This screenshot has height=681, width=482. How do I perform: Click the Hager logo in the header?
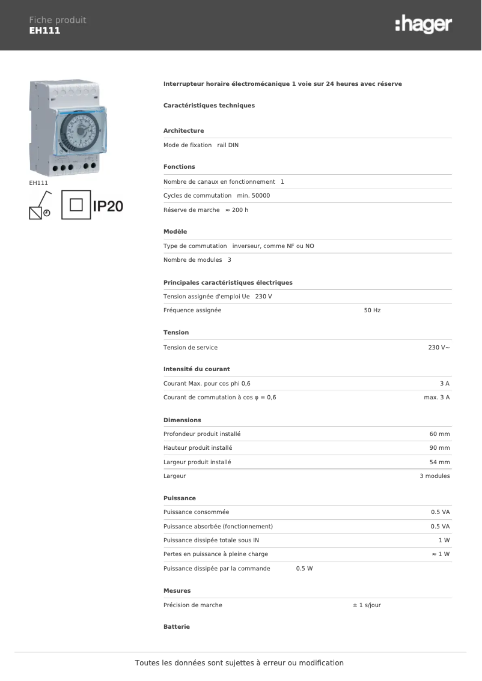coord(423,25)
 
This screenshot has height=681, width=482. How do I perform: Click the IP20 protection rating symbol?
coord(108,206)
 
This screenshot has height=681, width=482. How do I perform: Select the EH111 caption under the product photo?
coord(38,183)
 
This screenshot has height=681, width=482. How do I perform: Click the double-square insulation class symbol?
coord(76,205)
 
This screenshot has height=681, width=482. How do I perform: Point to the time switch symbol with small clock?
coord(40,205)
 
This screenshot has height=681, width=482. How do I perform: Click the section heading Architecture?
coord(183,130)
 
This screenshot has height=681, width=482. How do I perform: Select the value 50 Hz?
coord(372,310)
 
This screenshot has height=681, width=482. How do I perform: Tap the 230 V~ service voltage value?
coord(439,348)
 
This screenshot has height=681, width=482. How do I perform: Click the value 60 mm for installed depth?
coord(439,434)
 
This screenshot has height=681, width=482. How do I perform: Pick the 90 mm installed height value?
coord(439,448)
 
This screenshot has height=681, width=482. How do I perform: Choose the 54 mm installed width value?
coord(439,462)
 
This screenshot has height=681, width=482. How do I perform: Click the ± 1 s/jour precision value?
coord(367,605)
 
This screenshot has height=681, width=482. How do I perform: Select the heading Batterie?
coord(177,627)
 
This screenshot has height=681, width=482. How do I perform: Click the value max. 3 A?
coord(436,398)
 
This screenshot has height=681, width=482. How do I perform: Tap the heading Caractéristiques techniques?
coord(209,106)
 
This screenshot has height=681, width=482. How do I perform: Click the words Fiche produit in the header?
coord(58,20)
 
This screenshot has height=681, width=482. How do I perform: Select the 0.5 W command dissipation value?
coord(304,569)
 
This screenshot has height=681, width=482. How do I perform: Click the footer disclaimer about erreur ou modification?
coord(239,663)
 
